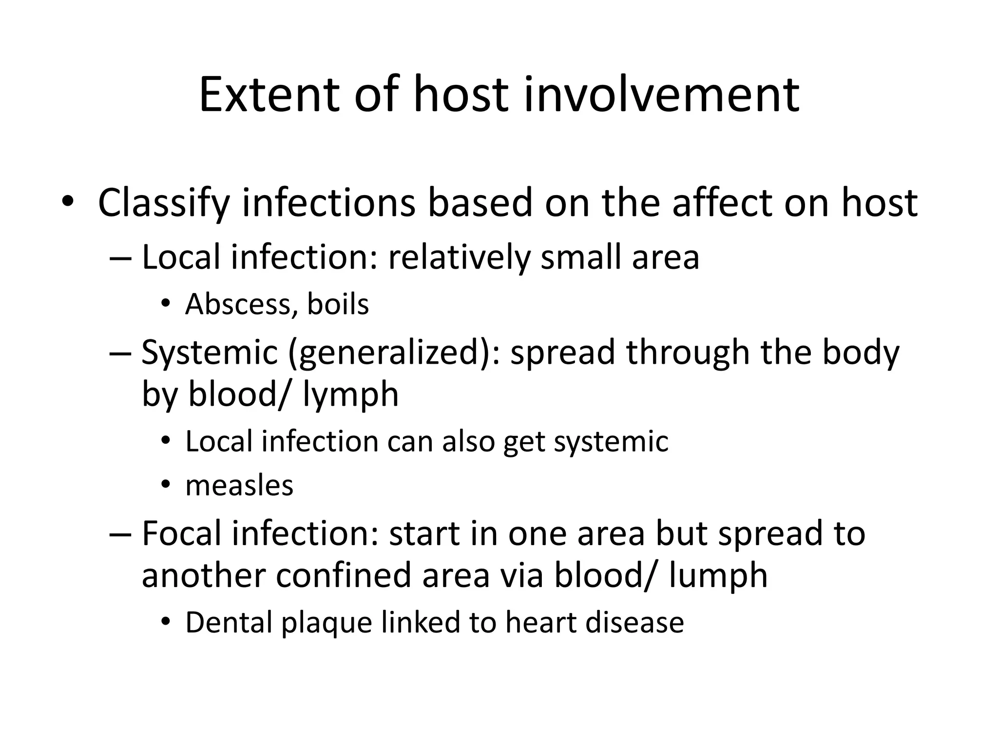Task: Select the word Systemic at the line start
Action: (x=209, y=353)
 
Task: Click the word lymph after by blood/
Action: (x=350, y=395)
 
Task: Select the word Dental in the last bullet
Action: (x=228, y=623)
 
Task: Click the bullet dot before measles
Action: (x=166, y=485)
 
